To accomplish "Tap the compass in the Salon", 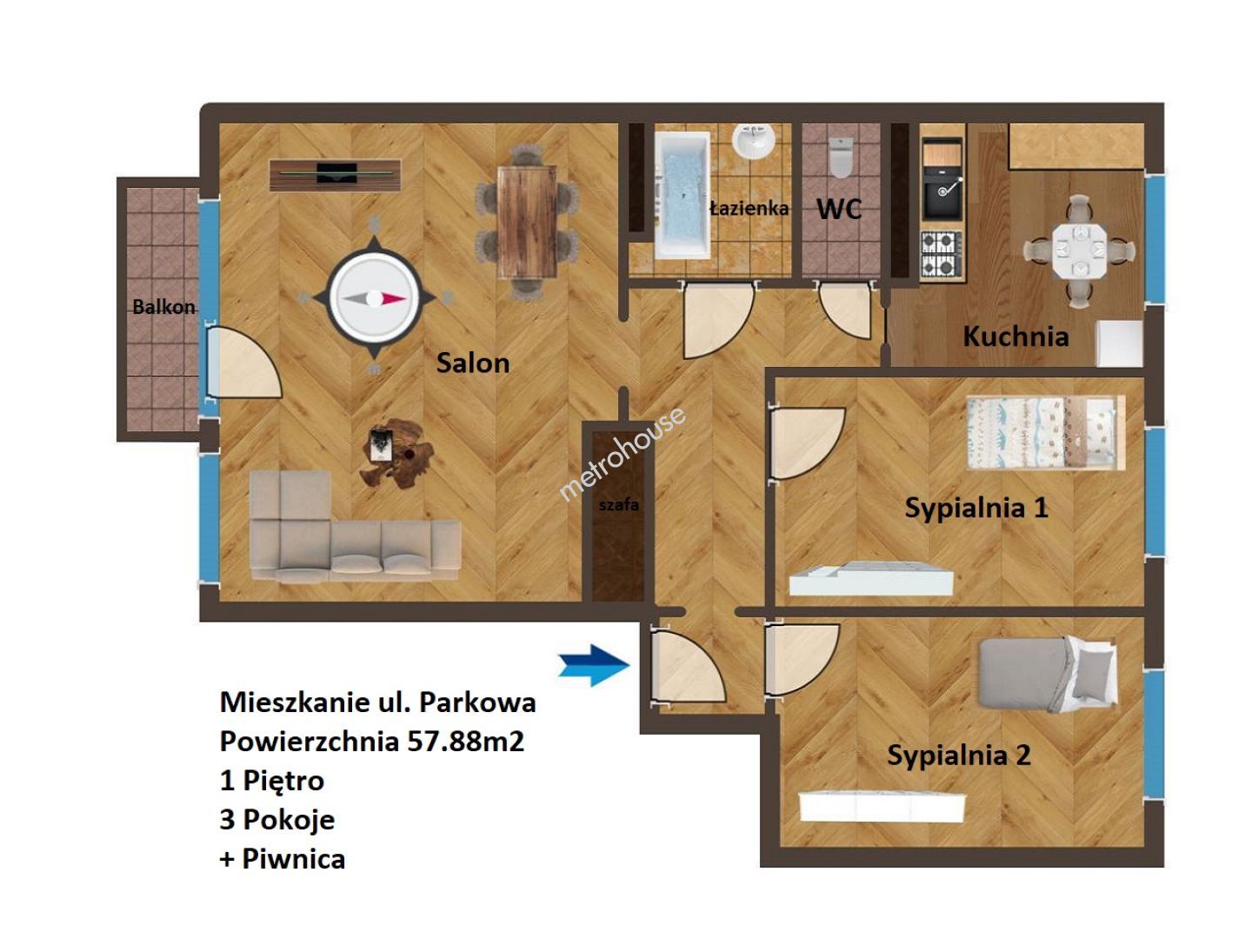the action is pos(374,297).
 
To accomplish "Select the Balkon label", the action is pos(163,307).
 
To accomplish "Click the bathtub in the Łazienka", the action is pos(683,195).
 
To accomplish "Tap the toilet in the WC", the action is pos(840,157).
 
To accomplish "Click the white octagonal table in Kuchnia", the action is pos(1079,250).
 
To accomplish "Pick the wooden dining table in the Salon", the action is pos(527,222).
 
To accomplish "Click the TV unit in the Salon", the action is pos(336,174).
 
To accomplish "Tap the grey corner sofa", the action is pos(355,525).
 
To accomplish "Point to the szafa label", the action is pos(618,504).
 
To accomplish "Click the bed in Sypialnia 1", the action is pos(1046,433).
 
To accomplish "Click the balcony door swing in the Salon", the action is pos(244,363).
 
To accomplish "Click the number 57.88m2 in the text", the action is pos(465,741).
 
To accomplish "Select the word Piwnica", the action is pos(293,859).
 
